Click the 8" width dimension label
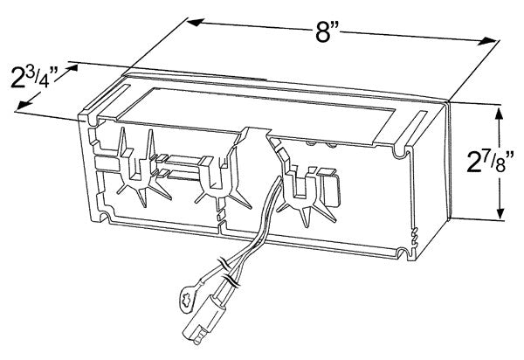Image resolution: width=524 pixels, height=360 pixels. [327, 31]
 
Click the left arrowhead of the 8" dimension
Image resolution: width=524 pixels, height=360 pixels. [196, 23]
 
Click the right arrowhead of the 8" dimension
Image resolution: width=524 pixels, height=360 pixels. [487, 41]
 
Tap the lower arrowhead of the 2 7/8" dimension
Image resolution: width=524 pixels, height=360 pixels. [500, 211]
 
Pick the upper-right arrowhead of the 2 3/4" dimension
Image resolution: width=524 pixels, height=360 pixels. [72, 68]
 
